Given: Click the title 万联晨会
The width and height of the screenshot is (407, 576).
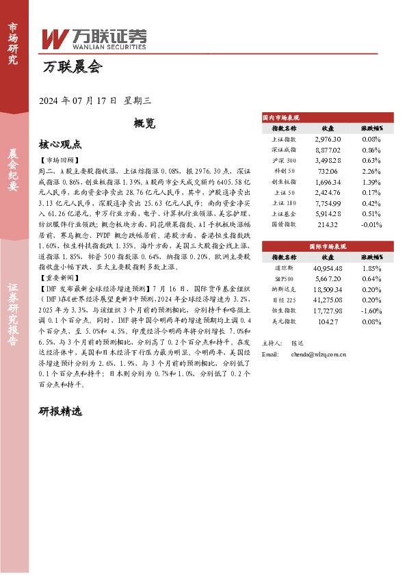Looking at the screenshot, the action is coord(72,67).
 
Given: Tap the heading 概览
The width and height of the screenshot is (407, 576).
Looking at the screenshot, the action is coord(144,124).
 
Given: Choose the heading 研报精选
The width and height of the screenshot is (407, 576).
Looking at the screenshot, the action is coord(60,413).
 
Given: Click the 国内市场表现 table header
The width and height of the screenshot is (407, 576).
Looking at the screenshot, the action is coord(282,118).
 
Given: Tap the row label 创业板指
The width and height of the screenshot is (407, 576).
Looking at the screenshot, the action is coord(284,181).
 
